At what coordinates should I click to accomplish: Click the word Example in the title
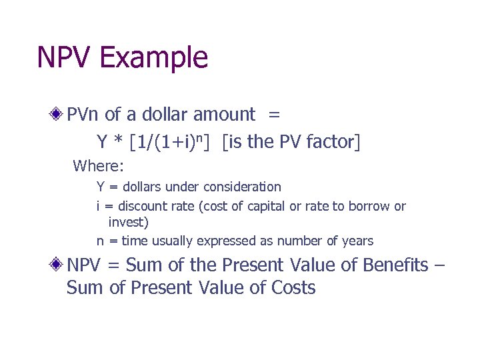tap(154, 57)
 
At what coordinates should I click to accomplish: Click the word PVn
tap(83, 115)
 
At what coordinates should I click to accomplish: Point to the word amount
tap(224, 115)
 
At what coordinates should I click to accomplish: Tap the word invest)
tap(129, 222)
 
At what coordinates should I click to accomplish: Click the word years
tap(358, 241)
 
